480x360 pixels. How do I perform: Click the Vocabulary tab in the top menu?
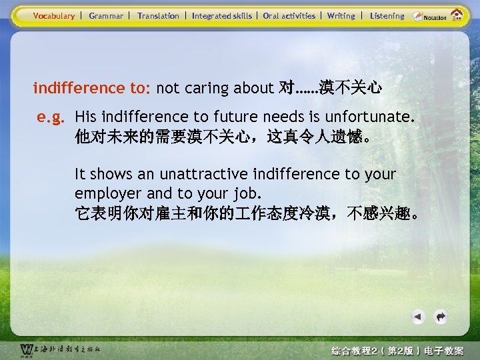pyautogui.click(x=54, y=15)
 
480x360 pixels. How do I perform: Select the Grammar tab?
pyautogui.click(x=106, y=15)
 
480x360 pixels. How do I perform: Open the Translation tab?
pyautogui.click(x=158, y=15)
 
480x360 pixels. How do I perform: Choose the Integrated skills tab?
pyautogui.click(x=222, y=15)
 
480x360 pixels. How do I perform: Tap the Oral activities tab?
pyautogui.click(x=289, y=15)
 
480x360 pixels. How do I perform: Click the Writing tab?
pyautogui.click(x=341, y=15)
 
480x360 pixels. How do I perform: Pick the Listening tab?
pyautogui.click(x=387, y=15)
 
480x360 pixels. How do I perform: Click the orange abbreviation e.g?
pyautogui.click(x=51, y=118)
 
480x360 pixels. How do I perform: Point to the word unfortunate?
pyautogui.click(x=370, y=117)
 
